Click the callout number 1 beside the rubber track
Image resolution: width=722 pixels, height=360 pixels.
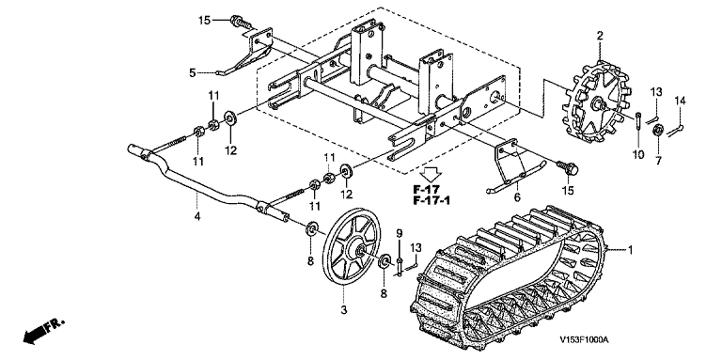pos(630,250)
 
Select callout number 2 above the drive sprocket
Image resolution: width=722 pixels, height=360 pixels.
pos(600,36)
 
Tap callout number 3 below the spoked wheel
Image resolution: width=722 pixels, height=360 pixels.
pos(343,311)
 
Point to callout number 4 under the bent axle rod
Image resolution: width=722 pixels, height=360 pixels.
pos(197,216)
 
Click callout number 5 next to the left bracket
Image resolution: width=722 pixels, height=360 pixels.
pos(193,72)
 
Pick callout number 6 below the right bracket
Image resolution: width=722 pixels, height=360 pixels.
pos(517,197)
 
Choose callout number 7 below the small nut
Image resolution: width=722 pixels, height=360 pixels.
pos(658,161)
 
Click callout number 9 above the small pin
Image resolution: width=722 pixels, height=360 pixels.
pos(400,233)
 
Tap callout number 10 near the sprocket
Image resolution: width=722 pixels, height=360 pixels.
pos(638,155)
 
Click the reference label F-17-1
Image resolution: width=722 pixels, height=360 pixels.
pos(432,200)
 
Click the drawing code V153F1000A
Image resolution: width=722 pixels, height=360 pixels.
pos(584,339)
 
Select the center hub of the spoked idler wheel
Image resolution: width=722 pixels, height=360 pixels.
pos(358,250)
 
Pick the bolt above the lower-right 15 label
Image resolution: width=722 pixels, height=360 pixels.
pos(567,167)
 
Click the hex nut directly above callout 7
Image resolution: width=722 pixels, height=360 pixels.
pos(657,131)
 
